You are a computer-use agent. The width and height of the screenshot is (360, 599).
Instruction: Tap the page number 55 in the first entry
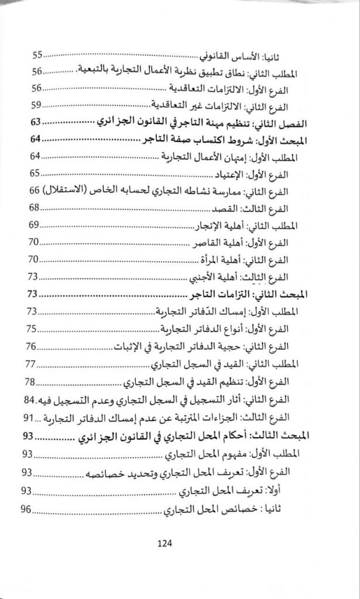click(38, 56)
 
